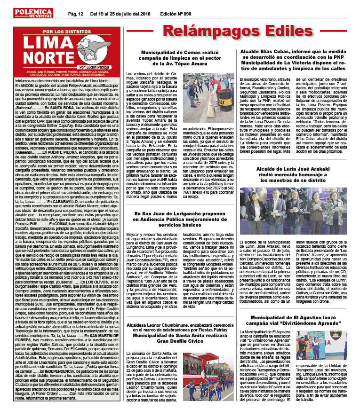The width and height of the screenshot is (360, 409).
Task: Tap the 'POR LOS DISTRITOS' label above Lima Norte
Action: pos(60,31)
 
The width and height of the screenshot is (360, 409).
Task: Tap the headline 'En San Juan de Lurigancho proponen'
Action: pos(181,216)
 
